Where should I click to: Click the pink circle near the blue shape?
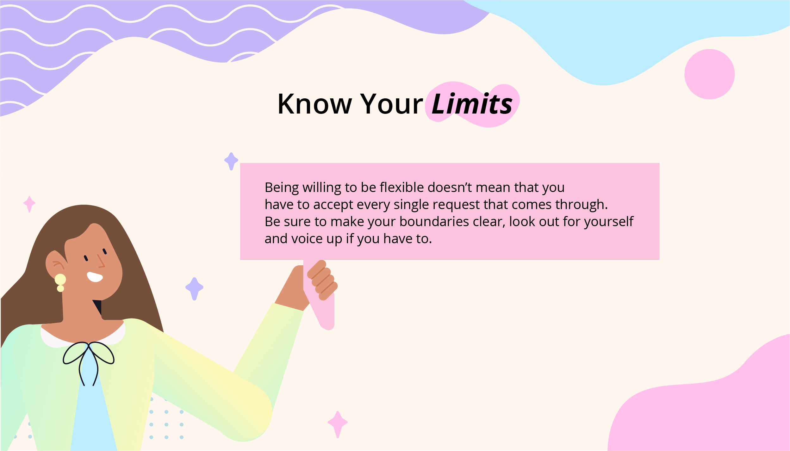pos(709,74)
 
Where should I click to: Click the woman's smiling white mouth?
pos(95,277)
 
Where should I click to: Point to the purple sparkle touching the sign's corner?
pos(231,161)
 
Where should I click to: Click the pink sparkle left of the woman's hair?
pos(29,204)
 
